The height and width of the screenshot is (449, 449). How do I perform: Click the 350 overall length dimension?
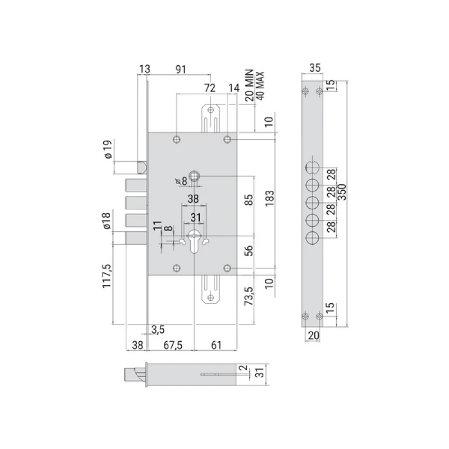342,192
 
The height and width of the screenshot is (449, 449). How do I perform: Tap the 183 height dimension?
270,198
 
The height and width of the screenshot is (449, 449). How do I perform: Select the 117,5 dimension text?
106,276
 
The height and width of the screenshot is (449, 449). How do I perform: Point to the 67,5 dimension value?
173,345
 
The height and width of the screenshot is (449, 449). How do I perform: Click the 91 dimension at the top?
181,69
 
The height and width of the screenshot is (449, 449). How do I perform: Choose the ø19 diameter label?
108,149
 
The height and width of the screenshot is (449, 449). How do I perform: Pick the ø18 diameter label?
106,221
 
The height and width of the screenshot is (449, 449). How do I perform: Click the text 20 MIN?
249,85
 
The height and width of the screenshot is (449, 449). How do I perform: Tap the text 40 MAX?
260,86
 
